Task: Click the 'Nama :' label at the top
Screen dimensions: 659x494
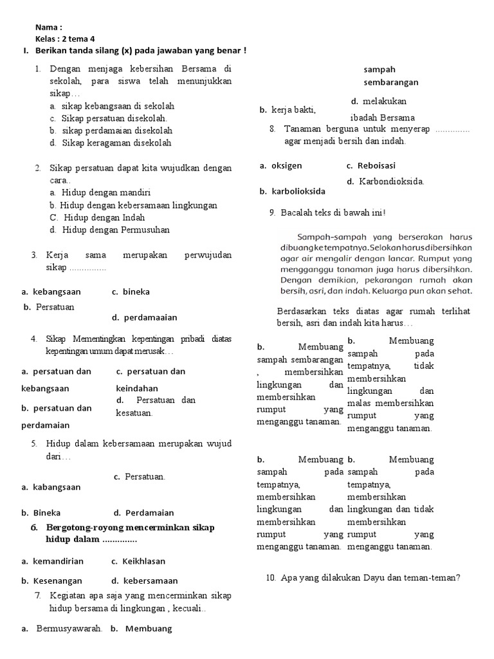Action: click(x=49, y=28)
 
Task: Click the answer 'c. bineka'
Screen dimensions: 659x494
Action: click(x=131, y=292)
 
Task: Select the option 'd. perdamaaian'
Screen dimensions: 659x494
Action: click(x=144, y=317)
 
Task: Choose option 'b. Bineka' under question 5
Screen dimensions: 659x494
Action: click(x=41, y=513)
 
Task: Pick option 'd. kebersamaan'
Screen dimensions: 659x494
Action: click(x=144, y=580)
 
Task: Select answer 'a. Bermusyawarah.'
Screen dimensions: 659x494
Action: click(x=62, y=629)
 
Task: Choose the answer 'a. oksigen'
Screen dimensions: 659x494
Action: click(x=280, y=165)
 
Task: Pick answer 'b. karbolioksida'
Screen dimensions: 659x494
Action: click(x=292, y=191)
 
